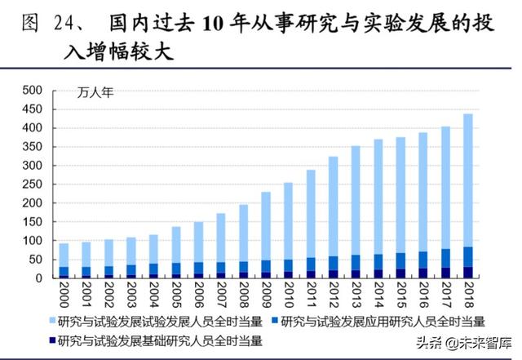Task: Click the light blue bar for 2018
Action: coord(467,180)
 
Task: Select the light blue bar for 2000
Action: coord(64,255)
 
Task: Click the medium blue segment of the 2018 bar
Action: coord(467,256)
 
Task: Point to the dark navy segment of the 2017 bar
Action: coord(445,273)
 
